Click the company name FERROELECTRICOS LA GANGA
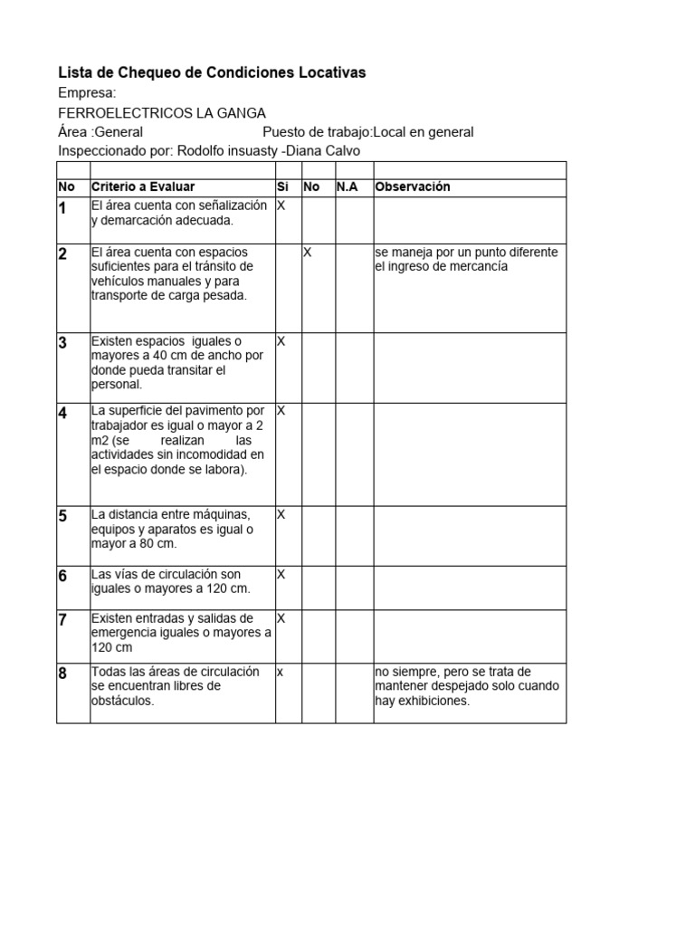(x=161, y=113)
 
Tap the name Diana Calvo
(x=322, y=151)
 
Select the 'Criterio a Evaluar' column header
(x=142, y=186)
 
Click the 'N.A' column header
(x=347, y=186)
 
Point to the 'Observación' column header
(x=412, y=186)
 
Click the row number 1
(x=62, y=209)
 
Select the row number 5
(x=62, y=516)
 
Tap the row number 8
(x=62, y=674)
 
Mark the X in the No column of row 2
(x=307, y=253)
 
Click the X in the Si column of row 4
(x=281, y=410)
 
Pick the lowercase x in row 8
(x=280, y=672)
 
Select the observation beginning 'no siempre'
(x=466, y=685)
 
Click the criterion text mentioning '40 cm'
(x=177, y=362)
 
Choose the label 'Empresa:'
(x=87, y=93)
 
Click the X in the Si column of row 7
(x=281, y=618)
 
